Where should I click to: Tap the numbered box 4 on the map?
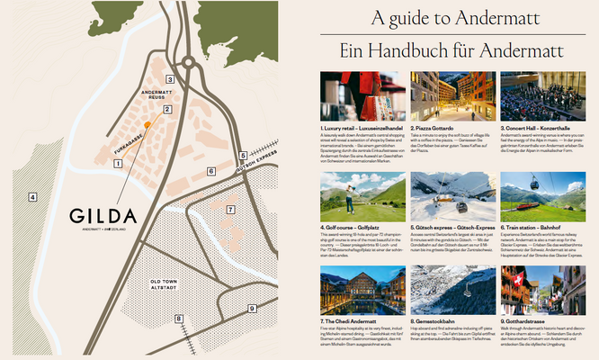tap(31, 196)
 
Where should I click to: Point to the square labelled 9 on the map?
tap(253, 307)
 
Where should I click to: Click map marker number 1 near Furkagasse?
tap(117, 163)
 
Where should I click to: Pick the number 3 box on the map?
tap(169, 79)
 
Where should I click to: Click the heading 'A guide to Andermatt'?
tap(459, 19)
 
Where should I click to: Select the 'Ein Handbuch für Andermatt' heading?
tap(459, 51)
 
